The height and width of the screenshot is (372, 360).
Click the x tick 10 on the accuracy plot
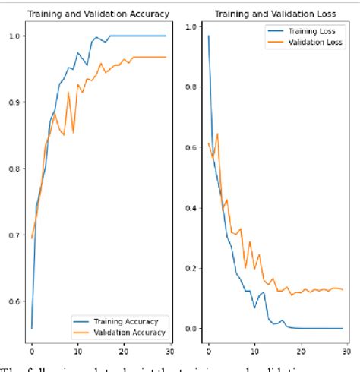point(77,352)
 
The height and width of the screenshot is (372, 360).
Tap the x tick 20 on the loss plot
point(301,352)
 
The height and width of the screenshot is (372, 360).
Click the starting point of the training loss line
point(208,36)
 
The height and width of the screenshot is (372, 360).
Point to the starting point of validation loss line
point(208,143)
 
